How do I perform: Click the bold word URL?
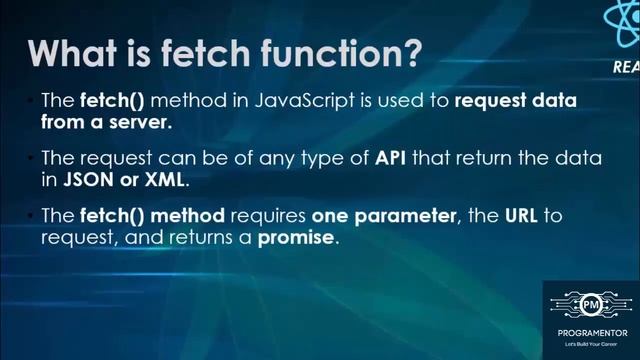click(509, 216)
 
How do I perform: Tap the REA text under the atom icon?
click(627, 69)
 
